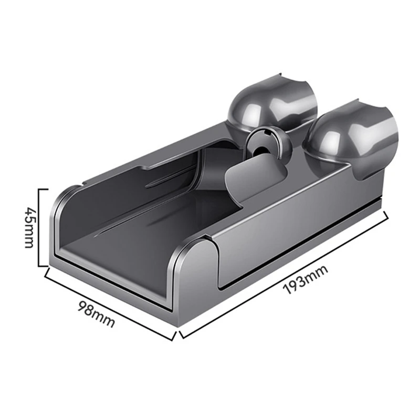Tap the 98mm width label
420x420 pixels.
point(95,313)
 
